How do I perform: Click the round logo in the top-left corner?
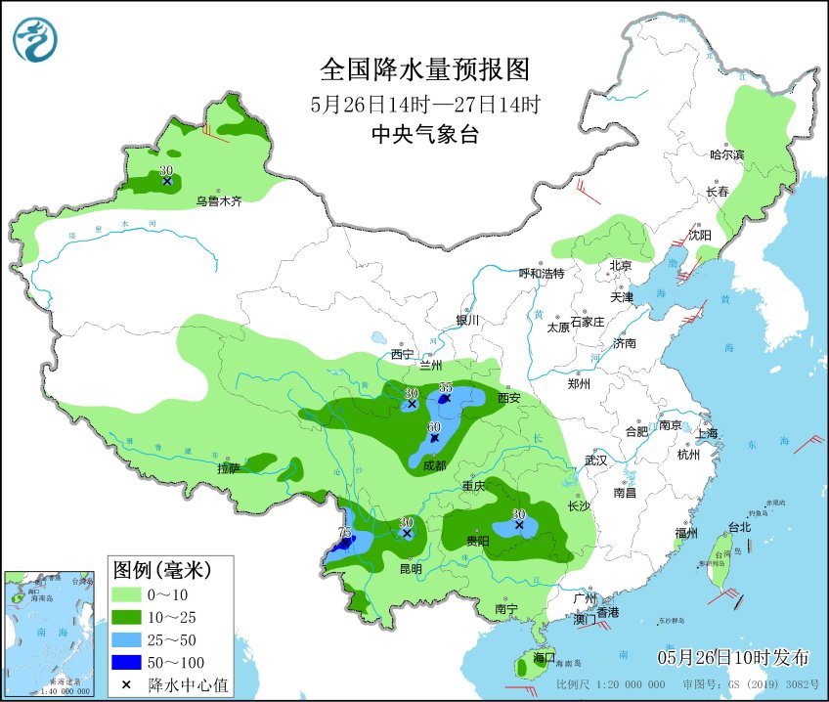35,39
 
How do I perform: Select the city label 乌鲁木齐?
217,200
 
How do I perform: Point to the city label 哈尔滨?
726,154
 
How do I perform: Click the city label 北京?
621,265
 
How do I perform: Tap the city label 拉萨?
228,468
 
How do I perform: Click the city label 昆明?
411,568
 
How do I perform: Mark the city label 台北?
739,527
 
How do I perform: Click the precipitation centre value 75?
344,531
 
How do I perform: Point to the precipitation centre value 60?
434,427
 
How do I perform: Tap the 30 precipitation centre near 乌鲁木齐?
166,170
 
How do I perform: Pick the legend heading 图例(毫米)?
160,568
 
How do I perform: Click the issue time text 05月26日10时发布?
733,655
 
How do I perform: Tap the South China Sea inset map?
52,632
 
